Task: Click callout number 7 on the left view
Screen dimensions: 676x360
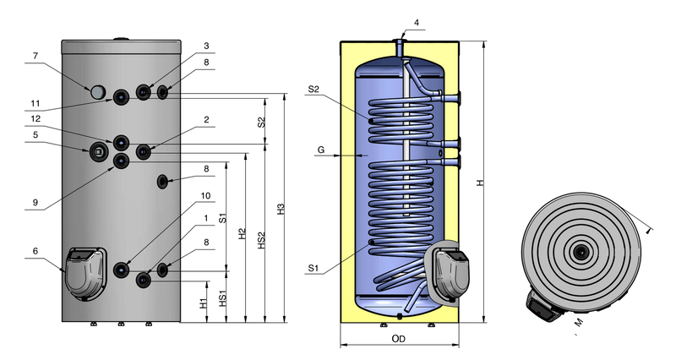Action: click(x=35, y=56)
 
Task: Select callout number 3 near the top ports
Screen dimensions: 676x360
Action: click(x=206, y=46)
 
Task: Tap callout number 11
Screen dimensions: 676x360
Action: click(x=35, y=103)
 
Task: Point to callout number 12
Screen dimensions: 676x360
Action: click(x=35, y=118)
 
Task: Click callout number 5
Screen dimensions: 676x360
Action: click(x=35, y=135)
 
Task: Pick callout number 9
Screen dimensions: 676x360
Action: click(x=35, y=202)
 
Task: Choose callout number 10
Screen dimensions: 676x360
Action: click(x=205, y=196)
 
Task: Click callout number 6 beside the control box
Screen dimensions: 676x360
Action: click(x=35, y=251)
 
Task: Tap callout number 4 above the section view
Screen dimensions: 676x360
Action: click(x=417, y=23)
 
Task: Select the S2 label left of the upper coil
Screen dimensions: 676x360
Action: click(x=313, y=90)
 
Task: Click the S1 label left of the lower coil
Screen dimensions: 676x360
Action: click(x=313, y=268)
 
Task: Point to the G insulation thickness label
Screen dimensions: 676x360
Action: click(x=321, y=150)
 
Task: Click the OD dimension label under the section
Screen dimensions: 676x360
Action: click(x=398, y=339)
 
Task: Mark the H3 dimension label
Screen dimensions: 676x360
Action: click(x=281, y=210)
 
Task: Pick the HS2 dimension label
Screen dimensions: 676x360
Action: click(x=262, y=240)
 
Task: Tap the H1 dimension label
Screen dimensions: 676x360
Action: click(x=204, y=303)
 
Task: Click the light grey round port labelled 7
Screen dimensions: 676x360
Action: click(x=98, y=91)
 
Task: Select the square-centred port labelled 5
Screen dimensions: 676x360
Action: click(x=98, y=151)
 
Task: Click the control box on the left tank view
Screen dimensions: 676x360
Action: click(x=85, y=273)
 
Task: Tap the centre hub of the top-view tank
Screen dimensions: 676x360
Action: click(x=581, y=252)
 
